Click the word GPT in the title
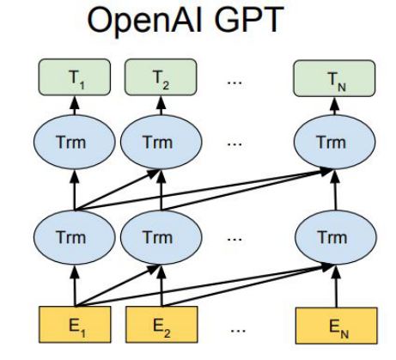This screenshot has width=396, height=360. (x=248, y=19)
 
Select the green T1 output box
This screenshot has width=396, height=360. (x=75, y=77)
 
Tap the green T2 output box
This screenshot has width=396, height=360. (x=161, y=77)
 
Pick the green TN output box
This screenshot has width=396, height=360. (x=334, y=78)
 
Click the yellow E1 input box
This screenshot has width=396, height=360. (x=75, y=325)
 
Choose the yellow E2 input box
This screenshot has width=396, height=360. (x=161, y=325)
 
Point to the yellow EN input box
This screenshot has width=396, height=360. (x=337, y=326)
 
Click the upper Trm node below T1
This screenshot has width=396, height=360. (x=75, y=142)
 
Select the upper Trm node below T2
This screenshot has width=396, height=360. (x=161, y=142)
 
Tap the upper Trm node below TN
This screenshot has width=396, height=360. (x=334, y=142)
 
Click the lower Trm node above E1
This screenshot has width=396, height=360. (x=75, y=237)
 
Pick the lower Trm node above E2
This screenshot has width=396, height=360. (x=161, y=237)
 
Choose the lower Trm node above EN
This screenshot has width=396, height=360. (x=336, y=237)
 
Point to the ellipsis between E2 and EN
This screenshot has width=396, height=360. (x=238, y=331)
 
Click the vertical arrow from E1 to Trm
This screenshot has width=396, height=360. (x=75, y=285)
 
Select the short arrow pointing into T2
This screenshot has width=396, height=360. (x=161, y=105)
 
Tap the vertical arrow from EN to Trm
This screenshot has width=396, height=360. (x=336, y=286)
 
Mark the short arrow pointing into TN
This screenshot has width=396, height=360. (x=334, y=106)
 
